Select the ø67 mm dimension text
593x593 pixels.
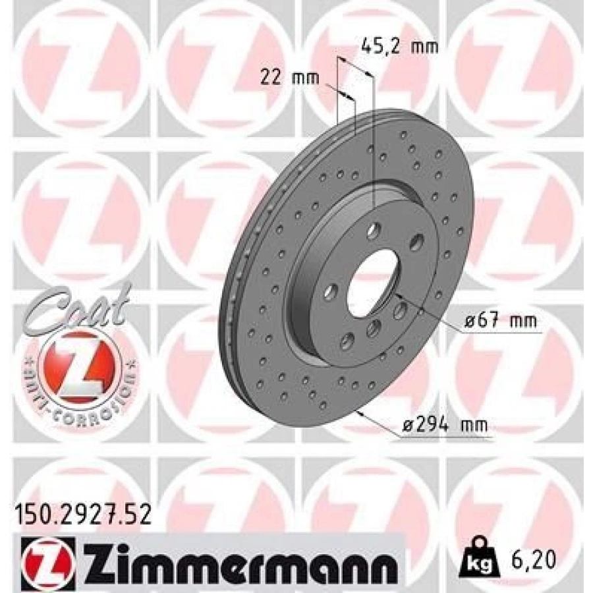(x=499, y=322)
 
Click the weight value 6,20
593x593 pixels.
(x=532, y=561)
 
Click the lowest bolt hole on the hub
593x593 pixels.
(x=348, y=341)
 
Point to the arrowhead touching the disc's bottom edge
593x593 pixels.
(x=359, y=414)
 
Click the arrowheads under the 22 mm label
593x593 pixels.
(x=349, y=97)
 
